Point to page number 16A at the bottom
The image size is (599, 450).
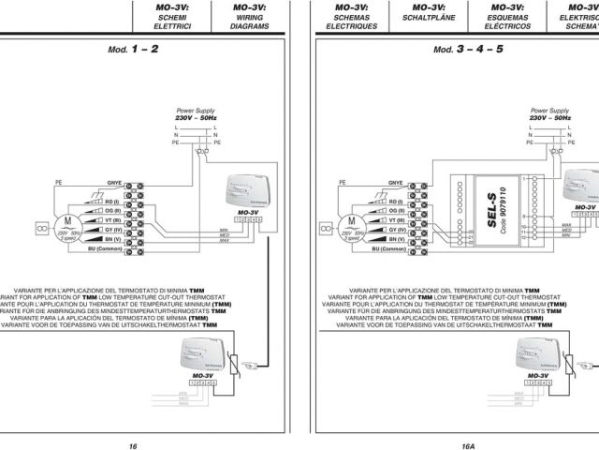468,421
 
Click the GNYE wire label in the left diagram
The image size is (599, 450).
115,185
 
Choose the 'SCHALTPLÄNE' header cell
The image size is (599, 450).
426,17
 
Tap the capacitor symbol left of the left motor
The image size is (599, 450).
41,226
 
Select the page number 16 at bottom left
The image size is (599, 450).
134,421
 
